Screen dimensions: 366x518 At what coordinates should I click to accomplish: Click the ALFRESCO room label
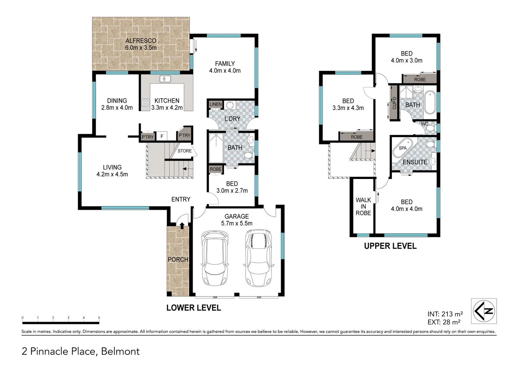pyautogui.click(x=141, y=41)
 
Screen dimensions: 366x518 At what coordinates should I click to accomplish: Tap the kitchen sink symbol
pyautogui.click(x=165, y=79)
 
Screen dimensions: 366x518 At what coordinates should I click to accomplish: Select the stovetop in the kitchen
pyautogui.click(x=146, y=102)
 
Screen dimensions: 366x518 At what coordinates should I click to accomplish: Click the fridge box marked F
pyautogui.click(x=162, y=137)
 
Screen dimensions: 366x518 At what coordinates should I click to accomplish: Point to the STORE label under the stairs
pyautogui.click(x=185, y=151)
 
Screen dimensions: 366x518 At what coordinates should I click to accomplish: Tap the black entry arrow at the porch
pyautogui.click(x=182, y=225)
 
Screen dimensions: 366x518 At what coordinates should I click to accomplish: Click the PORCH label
pyautogui.click(x=178, y=260)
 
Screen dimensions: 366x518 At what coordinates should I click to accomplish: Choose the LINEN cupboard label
pyautogui.click(x=215, y=104)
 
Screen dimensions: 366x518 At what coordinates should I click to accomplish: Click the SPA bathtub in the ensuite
pyautogui.click(x=403, y=148)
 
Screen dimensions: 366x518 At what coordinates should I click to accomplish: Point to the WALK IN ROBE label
pyautogui.click(x=363, y=206)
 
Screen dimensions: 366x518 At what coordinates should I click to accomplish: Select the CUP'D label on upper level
pyautogui.click(x=394, y=103)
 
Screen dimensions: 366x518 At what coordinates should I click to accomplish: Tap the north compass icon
pyautogui.click(x=484, y=311)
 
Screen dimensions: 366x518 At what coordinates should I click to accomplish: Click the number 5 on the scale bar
pyautogui.click(x=99, y=318)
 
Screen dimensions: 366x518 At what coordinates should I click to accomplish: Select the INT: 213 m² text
pyautogui.click(x=445, y=314)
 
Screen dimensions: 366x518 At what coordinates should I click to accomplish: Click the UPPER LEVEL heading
pyautogui.click(x=390, y=246)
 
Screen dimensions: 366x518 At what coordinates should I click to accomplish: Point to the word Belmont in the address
pyautogui.click(x=120, y=351)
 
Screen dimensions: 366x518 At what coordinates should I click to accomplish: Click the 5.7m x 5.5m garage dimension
pyautogui.click(x=237, y=223)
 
